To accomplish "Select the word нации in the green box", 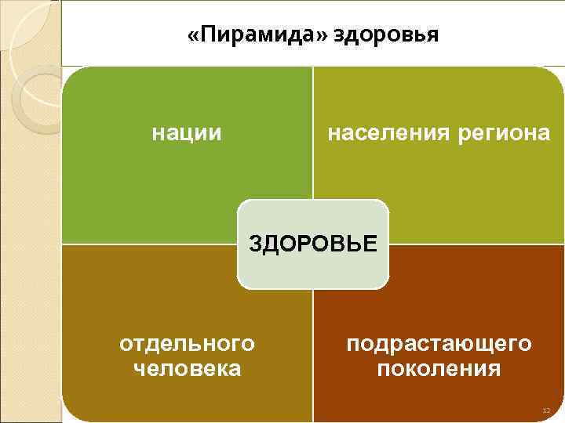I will [187, 133].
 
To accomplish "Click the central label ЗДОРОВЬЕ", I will [313, 243].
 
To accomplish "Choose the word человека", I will [188, 368].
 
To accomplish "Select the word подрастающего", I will [439, 344].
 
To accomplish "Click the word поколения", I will [439, 368].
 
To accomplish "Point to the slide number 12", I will [547, 411].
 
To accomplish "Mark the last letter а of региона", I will [544, 134].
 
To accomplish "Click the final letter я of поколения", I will [494, 369].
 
